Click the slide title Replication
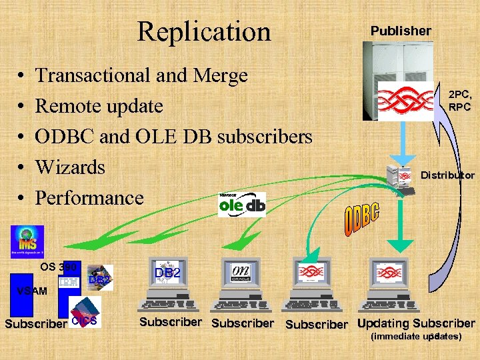point(204,31)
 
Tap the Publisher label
point(401,31)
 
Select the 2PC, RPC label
point(459,101)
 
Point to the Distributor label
point(447,175)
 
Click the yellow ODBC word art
point(361,221)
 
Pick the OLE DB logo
point(242,205)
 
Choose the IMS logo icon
point(27,241)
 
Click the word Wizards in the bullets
point(70,167)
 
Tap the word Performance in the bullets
point(89,197)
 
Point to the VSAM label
point(32,291)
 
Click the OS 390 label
point(59,267)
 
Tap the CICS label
point(84,321)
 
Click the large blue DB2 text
point(168,273)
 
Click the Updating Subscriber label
point(416,324)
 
